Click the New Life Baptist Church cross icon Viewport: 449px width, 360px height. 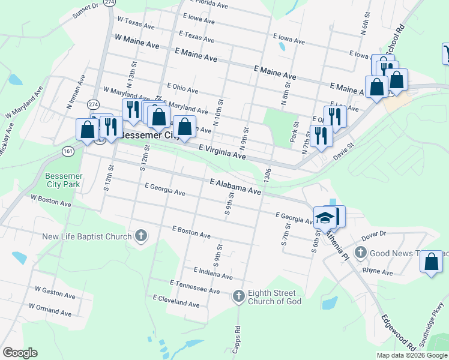coord(141,235)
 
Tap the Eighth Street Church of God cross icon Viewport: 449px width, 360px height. coord(239,295)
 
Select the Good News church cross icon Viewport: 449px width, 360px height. coord(361,253)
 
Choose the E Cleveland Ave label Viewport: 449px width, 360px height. coord(176,301)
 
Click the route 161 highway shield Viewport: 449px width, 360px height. coord(68,152)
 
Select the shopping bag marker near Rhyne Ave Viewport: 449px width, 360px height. coord(431,262)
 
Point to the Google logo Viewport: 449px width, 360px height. coord(20,353)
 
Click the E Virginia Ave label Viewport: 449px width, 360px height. coord(222,151)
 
